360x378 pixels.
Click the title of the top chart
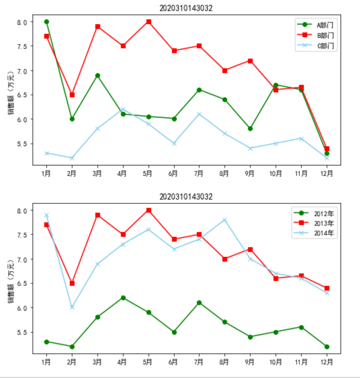(186, 8)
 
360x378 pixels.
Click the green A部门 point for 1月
(46, 22)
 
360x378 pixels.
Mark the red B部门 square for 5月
(149, 22)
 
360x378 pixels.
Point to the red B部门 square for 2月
(72, 95)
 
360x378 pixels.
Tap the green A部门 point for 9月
(250, 129)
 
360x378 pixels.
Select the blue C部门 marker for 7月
(199, 114)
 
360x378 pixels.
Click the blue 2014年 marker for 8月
(225, 220)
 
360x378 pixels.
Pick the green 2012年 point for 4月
(123, 298)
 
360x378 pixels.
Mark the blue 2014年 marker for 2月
(72, 307)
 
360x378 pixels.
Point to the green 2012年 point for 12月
(327, 346)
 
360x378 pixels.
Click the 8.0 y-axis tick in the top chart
(22, 22)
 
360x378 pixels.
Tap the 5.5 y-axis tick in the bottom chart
(22, 332)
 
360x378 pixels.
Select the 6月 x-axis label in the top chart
(174, 173)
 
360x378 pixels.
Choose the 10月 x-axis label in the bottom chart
(276, 362)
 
